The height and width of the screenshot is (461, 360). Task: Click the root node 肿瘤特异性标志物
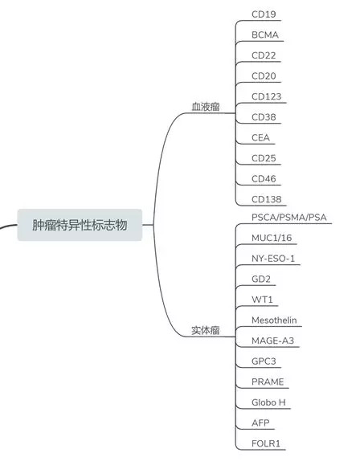point(80,225)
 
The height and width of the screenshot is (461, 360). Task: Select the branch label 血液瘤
point(206,107)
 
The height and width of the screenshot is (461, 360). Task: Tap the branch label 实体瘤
point(206,330)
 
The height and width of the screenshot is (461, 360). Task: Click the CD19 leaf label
point(264,14)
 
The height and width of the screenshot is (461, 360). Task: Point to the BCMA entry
point(265,35)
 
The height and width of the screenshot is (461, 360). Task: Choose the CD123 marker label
point(267,96)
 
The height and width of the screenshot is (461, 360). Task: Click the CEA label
point(260,137)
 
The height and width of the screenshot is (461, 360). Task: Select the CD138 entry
point(267,199)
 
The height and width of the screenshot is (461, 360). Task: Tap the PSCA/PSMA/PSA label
point(289,218)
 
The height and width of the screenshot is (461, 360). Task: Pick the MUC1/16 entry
point(272,238)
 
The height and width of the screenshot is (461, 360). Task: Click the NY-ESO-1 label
point(273,259)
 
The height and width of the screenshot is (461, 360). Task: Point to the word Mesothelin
point(274,320)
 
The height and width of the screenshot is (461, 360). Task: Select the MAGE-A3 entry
point(272,341)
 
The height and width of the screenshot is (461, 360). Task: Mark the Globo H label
point(268,402)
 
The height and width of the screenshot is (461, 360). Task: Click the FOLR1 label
point(266,443)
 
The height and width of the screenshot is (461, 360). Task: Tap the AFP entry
point(260,422)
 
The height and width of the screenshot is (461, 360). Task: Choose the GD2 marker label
point(261,279)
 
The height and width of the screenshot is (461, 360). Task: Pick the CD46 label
point(264,179)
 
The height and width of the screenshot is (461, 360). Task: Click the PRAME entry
point(268,381)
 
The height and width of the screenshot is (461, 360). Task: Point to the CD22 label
point(264,55)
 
